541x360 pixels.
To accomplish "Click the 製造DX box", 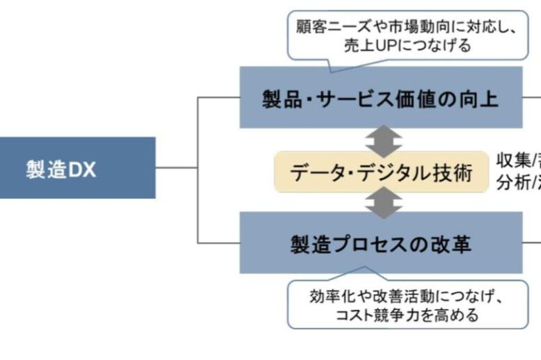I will [77, 167].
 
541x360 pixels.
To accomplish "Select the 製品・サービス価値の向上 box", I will [380, 98].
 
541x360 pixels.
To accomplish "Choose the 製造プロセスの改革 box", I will [380, 243].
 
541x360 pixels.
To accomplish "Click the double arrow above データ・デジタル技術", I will [384, 140].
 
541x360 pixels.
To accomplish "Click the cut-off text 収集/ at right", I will [518, 161].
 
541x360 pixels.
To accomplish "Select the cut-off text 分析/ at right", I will [518, 181].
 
